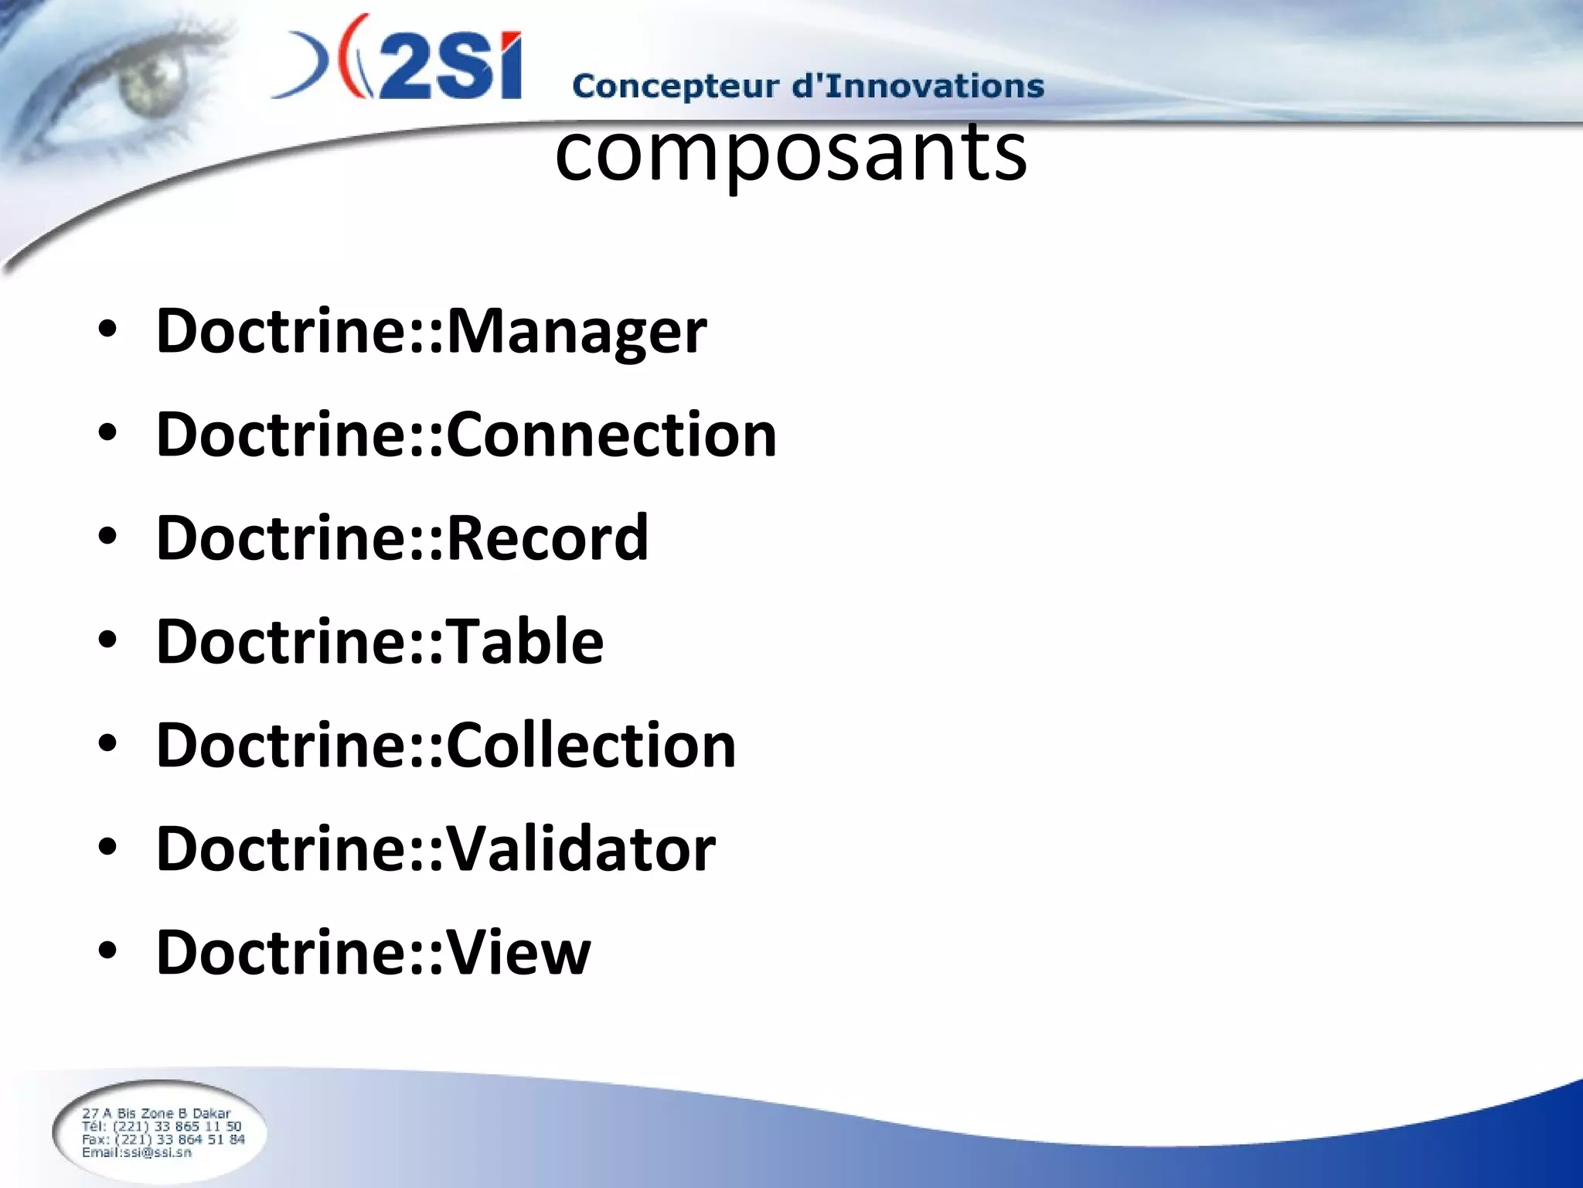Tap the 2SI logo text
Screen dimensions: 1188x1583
click(448, 66)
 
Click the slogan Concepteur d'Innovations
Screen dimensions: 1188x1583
click(808, 86)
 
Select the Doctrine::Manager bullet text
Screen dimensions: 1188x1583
click(431, 331)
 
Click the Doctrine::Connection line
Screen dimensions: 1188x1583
click(466, 435)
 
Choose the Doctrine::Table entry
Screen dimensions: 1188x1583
click(380, 641)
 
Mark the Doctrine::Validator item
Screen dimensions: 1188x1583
click(436, 848)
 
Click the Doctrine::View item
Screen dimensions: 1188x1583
click(373, 952)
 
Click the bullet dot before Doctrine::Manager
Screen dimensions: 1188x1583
click(107, 331)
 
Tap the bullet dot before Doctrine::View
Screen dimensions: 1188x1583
click(107, 952)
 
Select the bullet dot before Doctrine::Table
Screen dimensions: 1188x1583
click(107, 641)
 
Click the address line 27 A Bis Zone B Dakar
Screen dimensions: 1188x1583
click(156, 1114)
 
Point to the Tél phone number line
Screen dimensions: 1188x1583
click(162, 1127)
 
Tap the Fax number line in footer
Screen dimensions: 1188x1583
click(163, 1139)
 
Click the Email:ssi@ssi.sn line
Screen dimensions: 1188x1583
click(137, 1152)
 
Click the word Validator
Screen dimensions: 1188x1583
click(581, 848)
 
